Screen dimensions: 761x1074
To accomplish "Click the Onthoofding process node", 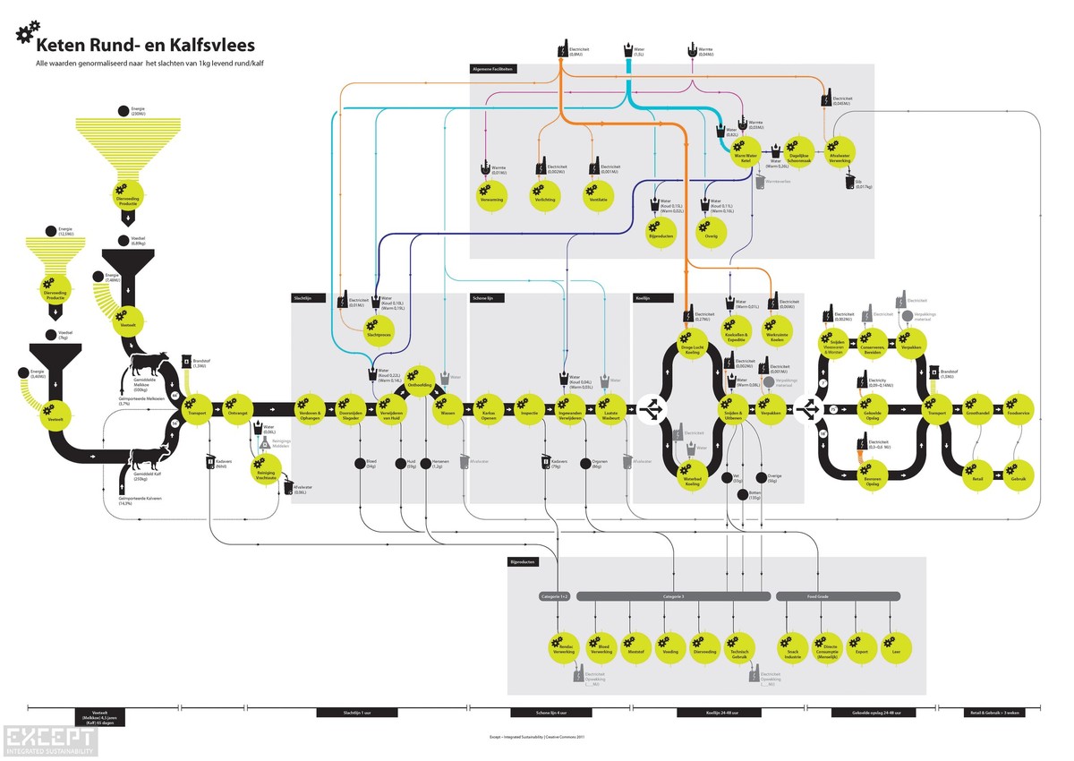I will [x=420, y=380].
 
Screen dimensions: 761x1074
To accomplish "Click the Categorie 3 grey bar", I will [x=673, y=595].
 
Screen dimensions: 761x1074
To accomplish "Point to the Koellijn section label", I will [x=643, y=297].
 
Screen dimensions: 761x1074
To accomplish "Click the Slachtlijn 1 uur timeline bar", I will [x=345, y=714].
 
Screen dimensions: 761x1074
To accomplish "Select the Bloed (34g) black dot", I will [x=360, y=463].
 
